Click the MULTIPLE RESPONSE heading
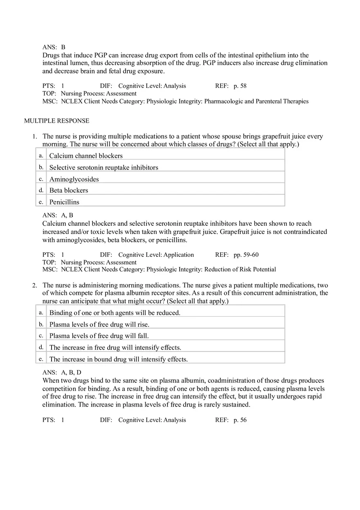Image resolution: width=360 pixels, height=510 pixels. [x=56, y=121]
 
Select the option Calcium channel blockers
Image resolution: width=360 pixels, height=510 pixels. [x=86, y=156]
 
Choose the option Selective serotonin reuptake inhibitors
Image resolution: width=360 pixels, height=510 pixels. [x=103, y=168]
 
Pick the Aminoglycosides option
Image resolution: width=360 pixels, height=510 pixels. [x=74, y=179]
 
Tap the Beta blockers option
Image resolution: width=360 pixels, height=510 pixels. [x=69, y=191]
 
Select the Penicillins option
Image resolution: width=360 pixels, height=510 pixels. [x=64, y=202]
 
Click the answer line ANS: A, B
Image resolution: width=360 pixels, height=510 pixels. [x=58, y=215]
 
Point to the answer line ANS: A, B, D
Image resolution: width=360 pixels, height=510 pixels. [x=62, y=372]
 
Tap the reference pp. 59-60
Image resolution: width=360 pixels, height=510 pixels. [x=246, y=255]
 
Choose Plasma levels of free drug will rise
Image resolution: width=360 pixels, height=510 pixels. [x=99, y=324]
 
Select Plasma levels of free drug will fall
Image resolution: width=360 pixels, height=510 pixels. [x=99, y=336]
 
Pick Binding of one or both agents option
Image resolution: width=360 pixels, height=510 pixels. [x=115, y=313]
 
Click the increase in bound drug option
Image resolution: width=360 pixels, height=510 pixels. [x=118, y=359]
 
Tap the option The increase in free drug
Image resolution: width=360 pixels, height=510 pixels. [x=115, y=348]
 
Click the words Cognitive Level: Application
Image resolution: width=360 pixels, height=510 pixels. [x=156, y=255]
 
